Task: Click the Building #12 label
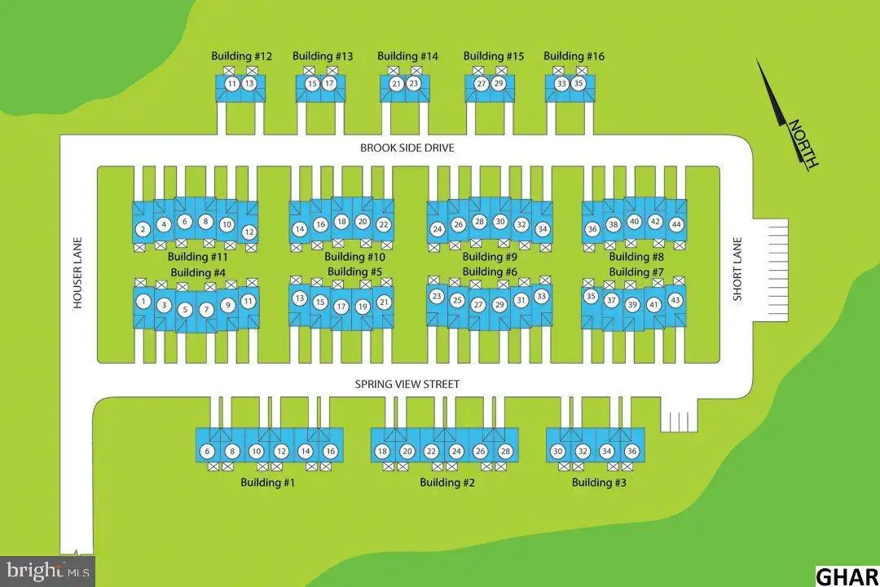click(x=241, y=56)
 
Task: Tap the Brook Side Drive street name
click(x=407, y=148)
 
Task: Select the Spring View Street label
click(x=407, y=384)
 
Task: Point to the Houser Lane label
click(x=77, y=272)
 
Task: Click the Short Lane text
click(x=737, y=269)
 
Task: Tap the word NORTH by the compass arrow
click(x=803, y=143)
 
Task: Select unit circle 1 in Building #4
click(x=143, y=302)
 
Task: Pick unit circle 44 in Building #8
click(x=676, y=224)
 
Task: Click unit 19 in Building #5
click(x=363, y=307)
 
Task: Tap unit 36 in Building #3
click(x=631, y=451)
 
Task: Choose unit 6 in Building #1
click(x=207, y=451)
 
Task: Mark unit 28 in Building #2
click(x=505, y=451)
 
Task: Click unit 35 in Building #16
click(x=579, y=84)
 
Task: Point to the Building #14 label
click(x=407, y=56)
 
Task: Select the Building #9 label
click(x=490, y=257)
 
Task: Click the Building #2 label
click(x=447, y=483)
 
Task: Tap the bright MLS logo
click(x=48, y=572)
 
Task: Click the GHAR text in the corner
click(x=847, y=577)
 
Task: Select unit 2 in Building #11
click(x=143, y=229)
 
